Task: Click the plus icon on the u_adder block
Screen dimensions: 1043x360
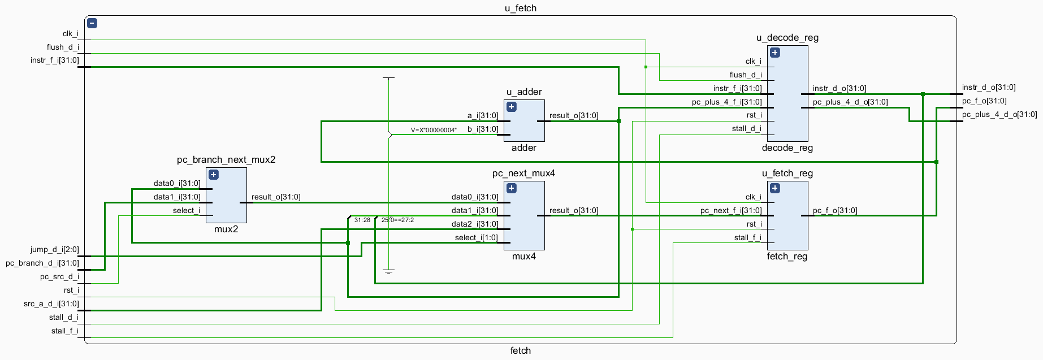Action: pos(512,107)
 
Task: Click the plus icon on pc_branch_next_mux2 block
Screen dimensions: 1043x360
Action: pos(213,175)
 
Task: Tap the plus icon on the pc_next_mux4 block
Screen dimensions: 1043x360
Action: pos(512,188)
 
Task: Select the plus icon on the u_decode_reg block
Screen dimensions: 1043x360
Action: pos(775,53)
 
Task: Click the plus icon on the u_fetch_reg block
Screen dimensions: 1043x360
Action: pos(775,188)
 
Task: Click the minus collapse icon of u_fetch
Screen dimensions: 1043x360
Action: pos(92,23)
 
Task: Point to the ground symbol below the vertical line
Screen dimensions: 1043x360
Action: pos(388,272)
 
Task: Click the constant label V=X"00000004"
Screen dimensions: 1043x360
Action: pos(434,130)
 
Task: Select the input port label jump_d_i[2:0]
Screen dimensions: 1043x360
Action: pos(55,249)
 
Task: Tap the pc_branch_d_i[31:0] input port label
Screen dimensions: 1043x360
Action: pos(42,263)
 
